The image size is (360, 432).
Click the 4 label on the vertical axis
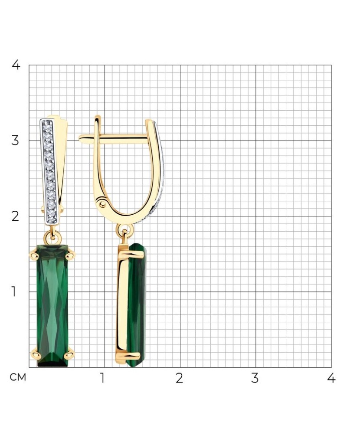tap(16, 65)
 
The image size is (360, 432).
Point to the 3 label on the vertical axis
tap(15, 141)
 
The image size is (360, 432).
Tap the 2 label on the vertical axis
tap(16, 216)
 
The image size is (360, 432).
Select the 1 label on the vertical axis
tap(13, 291)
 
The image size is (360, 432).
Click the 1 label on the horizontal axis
tap(102, 378)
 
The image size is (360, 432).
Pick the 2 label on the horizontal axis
tap(179, 378)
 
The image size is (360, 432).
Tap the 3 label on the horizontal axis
tap(255, 378)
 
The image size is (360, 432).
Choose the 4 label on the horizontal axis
tap(331, 378)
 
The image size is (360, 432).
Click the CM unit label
tap(18, 377)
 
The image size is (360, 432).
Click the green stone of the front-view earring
tap(52, 305)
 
